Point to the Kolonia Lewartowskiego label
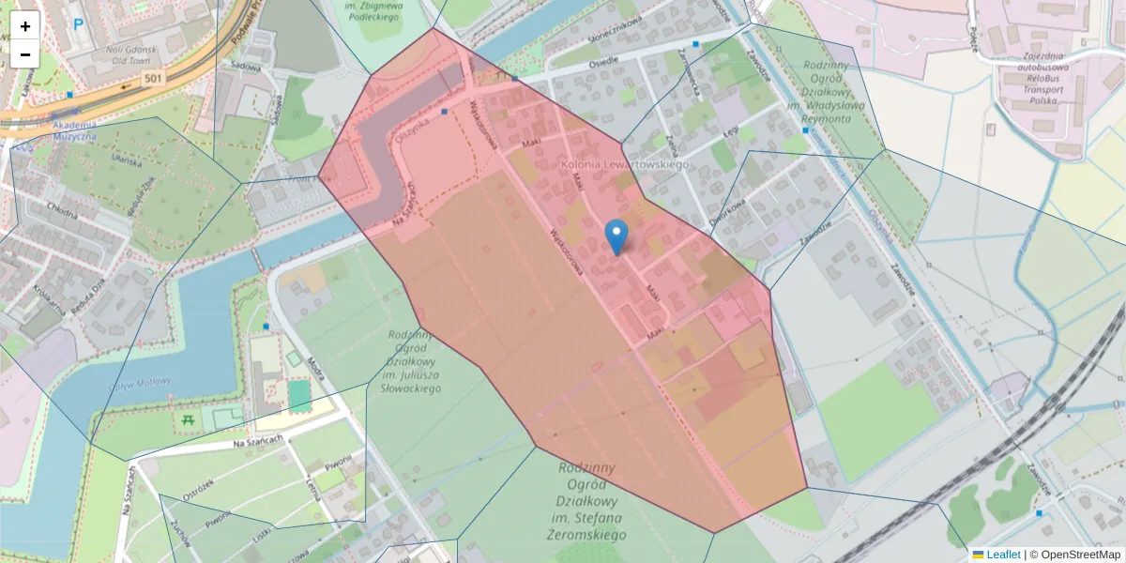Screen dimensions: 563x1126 point(624,164)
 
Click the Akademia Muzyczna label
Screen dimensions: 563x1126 point(62,130)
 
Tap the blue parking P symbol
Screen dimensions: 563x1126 point(78,25)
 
